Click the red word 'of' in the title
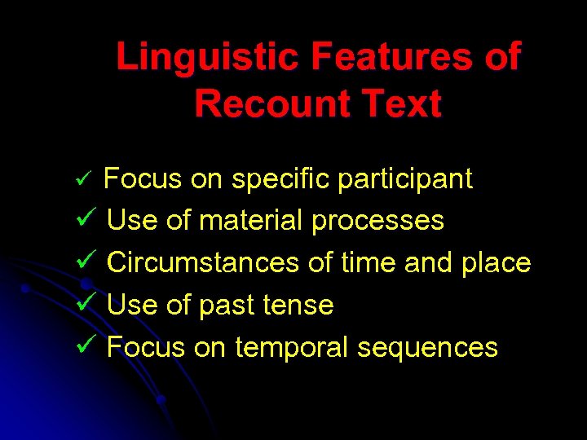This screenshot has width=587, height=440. coord(499,58)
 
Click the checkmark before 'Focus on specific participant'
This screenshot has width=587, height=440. coord(92,178)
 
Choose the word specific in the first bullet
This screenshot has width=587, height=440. coord(280,179)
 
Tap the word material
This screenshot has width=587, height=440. coord(251,221)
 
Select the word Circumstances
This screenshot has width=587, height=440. coord(204,263)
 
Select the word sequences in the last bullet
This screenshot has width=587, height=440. coord(427,348)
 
